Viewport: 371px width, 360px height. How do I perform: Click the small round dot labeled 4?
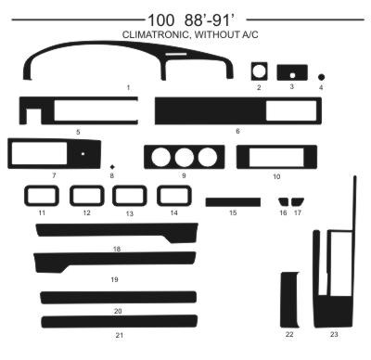(x=321, y=77)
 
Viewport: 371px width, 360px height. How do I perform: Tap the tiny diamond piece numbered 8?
(x=112, y=167)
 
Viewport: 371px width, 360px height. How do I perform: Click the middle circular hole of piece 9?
(x=185, y=157)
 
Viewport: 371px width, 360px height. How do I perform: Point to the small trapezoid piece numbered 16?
(x=283, y=201)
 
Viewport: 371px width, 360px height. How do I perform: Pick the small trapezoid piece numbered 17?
(x=298, y=201)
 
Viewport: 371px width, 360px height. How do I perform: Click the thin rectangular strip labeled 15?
(x=233, y=202)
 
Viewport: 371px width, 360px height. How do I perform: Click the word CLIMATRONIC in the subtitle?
(x=156, y=34)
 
